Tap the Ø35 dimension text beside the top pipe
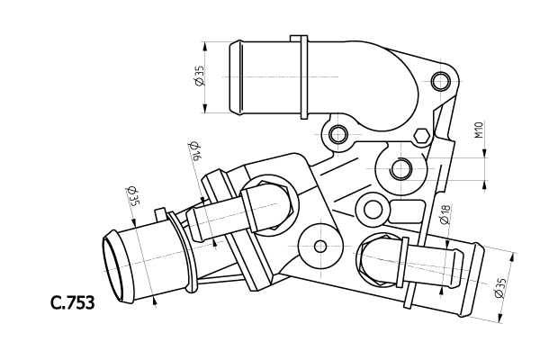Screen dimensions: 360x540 [199, 76]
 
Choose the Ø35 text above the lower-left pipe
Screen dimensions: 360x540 [131, 196]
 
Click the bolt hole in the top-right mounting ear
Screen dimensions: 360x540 [439, 83]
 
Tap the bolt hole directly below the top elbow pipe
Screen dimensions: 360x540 [338, 136]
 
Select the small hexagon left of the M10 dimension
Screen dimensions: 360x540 [420, 137]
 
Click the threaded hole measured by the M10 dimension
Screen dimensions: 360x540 [402, 167]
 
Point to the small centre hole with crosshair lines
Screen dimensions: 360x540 [320, 246]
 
